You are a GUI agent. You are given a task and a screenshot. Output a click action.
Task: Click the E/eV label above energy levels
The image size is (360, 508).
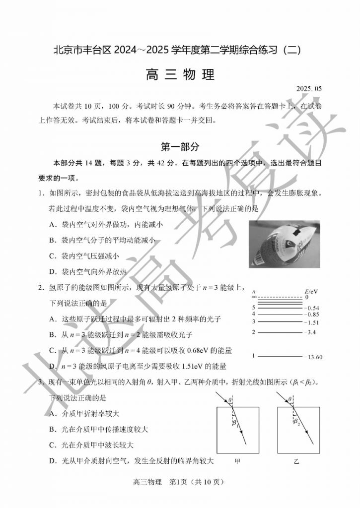[312, 291]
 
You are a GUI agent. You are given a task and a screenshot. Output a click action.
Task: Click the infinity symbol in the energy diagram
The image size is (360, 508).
[254, 297]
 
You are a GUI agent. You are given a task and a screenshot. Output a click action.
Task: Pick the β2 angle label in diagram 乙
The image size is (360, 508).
[296, 422]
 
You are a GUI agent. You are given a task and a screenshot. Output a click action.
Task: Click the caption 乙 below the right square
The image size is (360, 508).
[297, 461]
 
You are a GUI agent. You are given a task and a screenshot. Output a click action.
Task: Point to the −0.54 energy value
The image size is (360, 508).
[313, 308]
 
